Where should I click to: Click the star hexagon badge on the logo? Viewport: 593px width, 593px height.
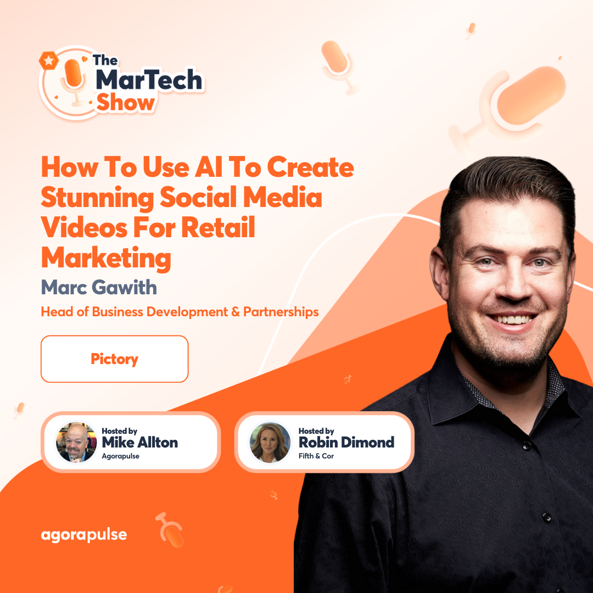pos(49,61)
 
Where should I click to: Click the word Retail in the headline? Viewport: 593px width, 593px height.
pos(222,228)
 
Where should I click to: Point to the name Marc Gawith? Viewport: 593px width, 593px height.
pos(99,287)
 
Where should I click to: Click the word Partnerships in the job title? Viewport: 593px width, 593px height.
pos(281,312)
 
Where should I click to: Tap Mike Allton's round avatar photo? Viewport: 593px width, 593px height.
pos(76,443)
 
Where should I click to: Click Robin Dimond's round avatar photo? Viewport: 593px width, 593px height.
pos(270,443)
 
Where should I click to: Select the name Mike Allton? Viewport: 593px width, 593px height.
pos(140,443)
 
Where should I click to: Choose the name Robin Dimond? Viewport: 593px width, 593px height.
pos(346,442)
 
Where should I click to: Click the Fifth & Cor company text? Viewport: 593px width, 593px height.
pos(316,456)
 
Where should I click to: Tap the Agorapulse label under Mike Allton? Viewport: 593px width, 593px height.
pos(121,456)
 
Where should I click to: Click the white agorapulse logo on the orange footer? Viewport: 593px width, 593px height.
pos(84,535)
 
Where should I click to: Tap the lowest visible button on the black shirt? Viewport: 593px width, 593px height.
pos(546,517)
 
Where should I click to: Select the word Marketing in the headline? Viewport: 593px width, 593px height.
pos(106,258)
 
